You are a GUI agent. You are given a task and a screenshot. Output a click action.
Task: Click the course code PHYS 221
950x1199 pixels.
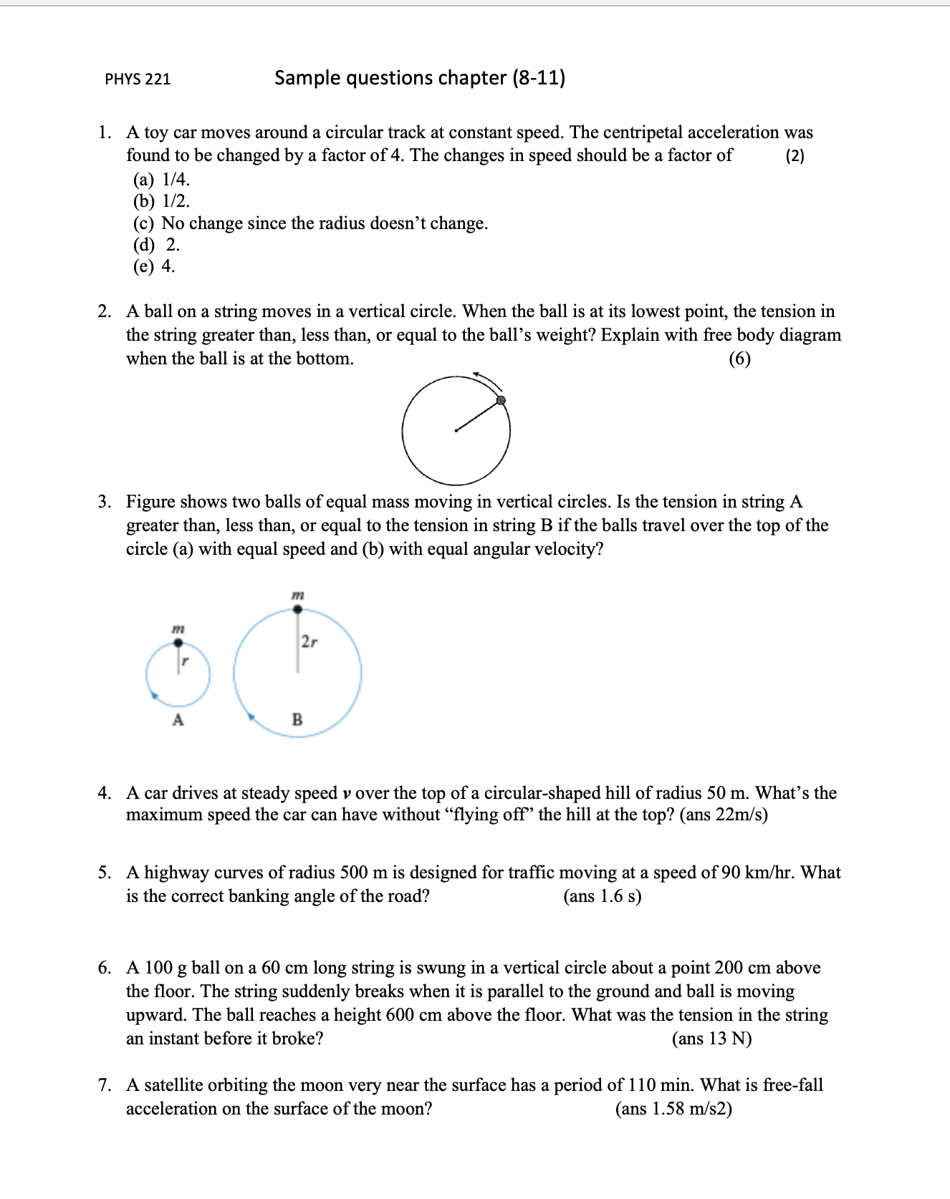tap(138, 79)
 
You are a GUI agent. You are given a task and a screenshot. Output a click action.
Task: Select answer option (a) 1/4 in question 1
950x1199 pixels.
tap(162, 179)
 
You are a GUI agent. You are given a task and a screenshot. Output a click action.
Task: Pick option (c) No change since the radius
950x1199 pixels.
tap(310, 223)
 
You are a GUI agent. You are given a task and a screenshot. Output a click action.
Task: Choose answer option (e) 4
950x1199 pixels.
tap(154, 266)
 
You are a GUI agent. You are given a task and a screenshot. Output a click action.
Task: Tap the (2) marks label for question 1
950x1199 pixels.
tap(795, 156)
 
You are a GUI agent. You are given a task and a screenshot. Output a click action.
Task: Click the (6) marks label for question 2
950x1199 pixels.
tap(739, 358)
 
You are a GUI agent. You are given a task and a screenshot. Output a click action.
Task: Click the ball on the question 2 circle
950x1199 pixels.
tap(502, 400)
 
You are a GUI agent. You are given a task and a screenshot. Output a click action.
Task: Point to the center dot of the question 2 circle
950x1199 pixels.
tap(456, 431)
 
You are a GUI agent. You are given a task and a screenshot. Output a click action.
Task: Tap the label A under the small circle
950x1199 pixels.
tap(178, 720)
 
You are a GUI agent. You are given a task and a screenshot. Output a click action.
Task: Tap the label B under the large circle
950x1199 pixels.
tap(297, 719)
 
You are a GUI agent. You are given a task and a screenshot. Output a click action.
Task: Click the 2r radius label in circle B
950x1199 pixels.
tap(309, 641)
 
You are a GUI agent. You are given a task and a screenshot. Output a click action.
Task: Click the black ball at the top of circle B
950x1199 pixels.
tap(298, 610)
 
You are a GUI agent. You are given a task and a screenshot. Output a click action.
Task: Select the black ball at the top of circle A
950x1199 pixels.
tap(178, 643)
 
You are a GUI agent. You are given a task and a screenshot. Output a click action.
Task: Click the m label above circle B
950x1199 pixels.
tap(298, 595)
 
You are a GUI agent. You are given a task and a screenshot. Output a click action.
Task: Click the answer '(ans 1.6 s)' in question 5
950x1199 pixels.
tap(602, 896)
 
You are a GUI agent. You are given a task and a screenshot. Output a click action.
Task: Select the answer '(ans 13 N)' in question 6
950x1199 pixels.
tap(711, 1039)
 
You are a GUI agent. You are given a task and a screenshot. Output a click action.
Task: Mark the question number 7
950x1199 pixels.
tap(105, 1085)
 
